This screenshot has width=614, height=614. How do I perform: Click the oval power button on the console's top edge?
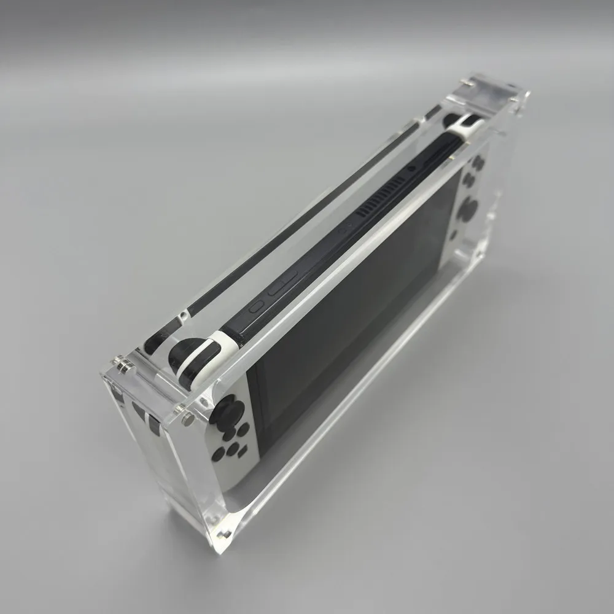click(257, 305)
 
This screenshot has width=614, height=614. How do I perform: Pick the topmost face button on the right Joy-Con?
click(478, 161)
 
